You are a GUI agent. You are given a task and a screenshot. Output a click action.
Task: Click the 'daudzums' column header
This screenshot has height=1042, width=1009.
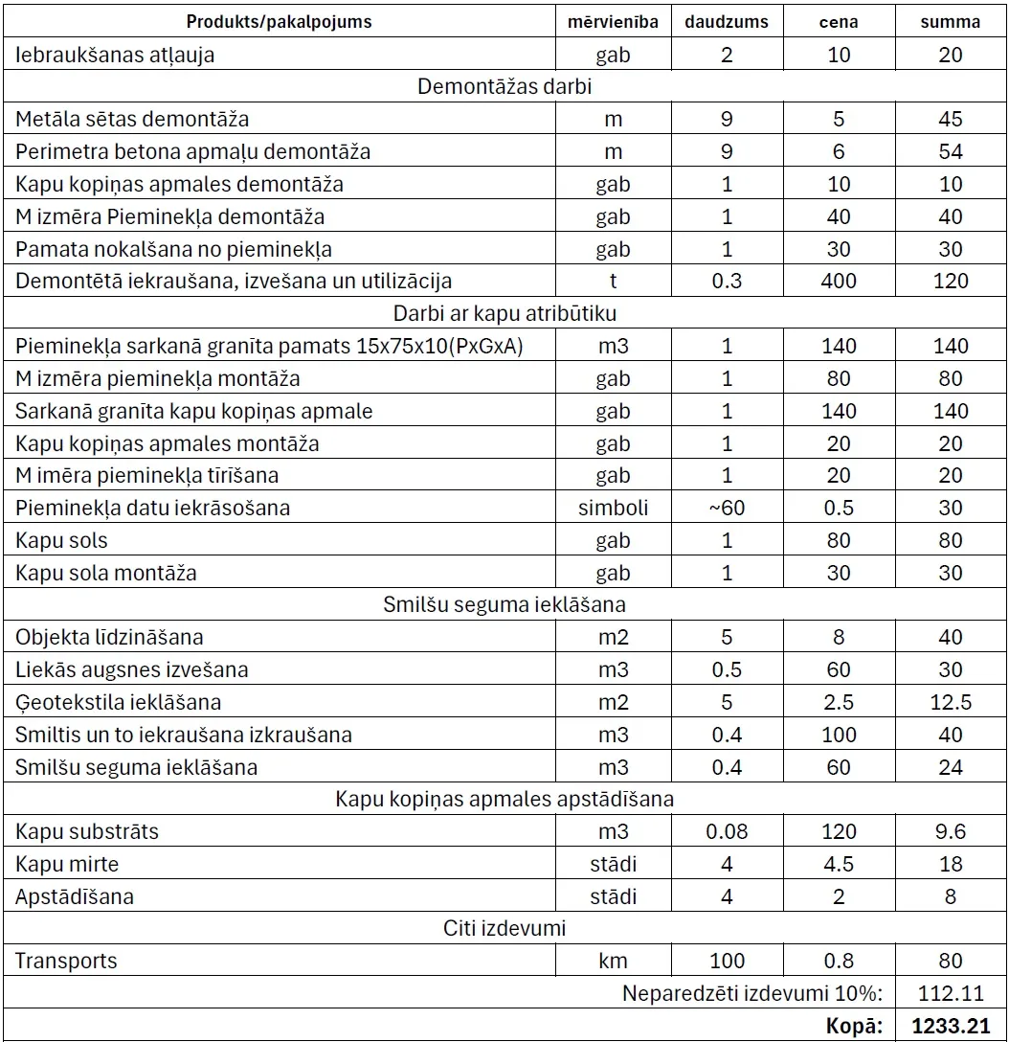pos(727,22)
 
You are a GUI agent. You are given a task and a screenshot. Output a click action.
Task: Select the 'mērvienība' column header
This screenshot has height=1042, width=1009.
pos(613,22)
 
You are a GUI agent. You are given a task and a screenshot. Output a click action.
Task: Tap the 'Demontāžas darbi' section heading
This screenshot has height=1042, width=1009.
pos(504,87)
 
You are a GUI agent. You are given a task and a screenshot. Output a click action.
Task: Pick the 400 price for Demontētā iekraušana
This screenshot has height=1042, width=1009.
pos(839,282)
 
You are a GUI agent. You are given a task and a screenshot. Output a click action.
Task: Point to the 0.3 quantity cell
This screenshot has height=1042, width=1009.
pos(727,282)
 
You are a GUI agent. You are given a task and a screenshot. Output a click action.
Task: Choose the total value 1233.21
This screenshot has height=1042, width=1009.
pos(951,1026)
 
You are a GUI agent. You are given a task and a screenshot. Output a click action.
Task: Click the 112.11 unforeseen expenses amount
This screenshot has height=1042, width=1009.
pos(951,993)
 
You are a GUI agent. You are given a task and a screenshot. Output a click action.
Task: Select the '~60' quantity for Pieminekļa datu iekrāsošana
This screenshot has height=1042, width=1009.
pos(727,509)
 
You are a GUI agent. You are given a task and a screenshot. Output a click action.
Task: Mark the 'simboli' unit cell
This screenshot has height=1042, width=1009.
pos(613,509)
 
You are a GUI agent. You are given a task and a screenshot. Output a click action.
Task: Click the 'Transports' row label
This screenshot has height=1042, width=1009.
pos(66,961)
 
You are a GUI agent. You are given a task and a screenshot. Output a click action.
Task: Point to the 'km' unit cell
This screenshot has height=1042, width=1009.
pos(613,961)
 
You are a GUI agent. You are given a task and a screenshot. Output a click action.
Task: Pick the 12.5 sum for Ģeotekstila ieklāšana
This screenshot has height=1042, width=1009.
pos(951,703)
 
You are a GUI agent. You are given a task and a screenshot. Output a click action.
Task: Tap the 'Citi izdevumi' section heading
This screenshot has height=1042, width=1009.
pos(504,928)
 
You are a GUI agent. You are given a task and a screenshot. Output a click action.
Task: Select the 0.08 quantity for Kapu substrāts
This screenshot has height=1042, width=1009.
pos(727,831)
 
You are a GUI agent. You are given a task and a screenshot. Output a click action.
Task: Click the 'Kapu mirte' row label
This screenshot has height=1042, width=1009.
pos(67,864)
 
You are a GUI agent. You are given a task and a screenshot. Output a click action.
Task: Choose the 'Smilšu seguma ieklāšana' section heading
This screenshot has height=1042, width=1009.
pos(504,604)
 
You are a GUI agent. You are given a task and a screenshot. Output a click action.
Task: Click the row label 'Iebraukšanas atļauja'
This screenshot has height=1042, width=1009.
pos(115,55)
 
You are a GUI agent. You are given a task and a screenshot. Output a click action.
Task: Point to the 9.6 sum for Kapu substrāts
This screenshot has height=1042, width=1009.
pos(951,831)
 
